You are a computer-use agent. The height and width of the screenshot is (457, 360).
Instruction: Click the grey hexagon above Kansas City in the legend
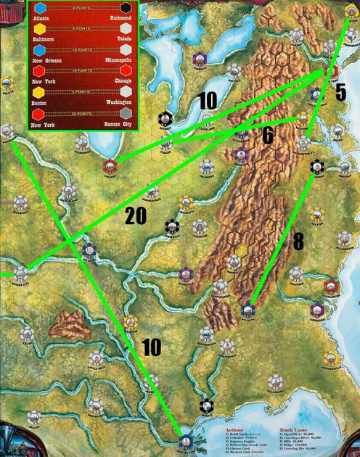click(126, 114)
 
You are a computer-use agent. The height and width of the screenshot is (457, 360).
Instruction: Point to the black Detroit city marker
click(167, 118)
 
